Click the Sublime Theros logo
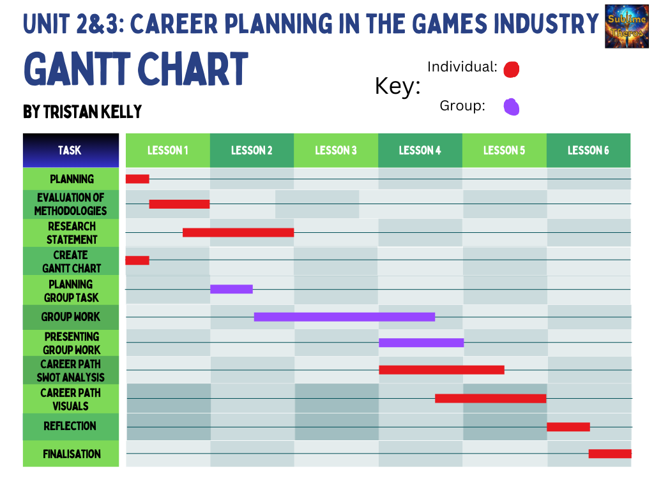click(x=627, y=26)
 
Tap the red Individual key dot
click(x=511, y=69)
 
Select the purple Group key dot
click(x=511, y=107)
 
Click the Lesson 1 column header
click(x=167, y=151)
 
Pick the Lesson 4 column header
click(x=420, y=151)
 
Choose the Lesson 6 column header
click(x=588, y=151)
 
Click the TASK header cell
click(x=70, y=151)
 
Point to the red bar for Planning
click(x=137, y=179)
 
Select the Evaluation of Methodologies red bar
click(x=179, y=204)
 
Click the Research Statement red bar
click(x=238, y=232)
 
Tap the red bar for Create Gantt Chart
click(x=137, y=260)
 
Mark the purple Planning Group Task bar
click(x=231, y=289)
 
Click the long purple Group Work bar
click(x=344, y=316)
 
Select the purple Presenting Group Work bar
click(x=421, y=343)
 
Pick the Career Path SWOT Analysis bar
click(x=441, y=369)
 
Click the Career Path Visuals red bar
click(x=490, y=398)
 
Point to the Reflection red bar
click(x=568, y=427)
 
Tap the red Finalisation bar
click(x=610, y=454)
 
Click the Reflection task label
click(x=70, y=426)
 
